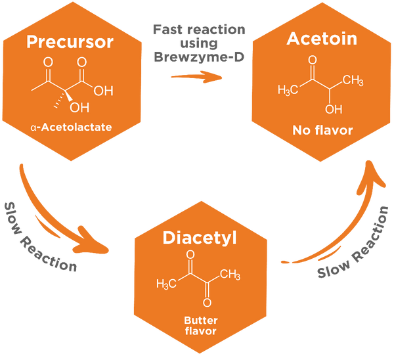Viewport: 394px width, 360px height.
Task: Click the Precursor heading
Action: [70, 42]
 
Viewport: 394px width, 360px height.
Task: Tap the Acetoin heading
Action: [322, 39]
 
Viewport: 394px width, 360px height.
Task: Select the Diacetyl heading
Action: [200, 238]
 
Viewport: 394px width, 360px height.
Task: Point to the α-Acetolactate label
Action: [71, 127]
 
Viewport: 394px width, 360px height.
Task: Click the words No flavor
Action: [322, 130]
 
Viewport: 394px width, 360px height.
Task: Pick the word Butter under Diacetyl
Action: [201, 321]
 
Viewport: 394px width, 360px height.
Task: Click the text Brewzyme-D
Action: [199, 56]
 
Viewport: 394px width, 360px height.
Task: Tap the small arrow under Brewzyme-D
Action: [196, 77]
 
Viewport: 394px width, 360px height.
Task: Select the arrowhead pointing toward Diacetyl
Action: [92, 241]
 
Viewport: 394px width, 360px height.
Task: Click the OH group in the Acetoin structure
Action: [334, 109]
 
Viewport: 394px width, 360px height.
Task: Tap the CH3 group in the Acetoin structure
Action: [353, 80]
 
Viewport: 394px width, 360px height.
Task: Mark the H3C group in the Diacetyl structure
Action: [166, 284]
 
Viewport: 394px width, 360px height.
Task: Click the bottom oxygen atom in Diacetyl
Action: [207, 302]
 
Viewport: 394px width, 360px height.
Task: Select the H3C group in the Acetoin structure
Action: [288, 90]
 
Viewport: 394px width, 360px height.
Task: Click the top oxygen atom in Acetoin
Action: [313, 60]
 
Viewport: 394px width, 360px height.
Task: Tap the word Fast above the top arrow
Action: [167, 30]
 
